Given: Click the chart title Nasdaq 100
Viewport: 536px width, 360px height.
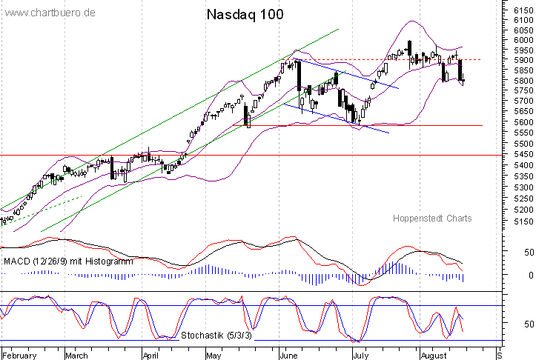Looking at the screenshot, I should pos(244,14).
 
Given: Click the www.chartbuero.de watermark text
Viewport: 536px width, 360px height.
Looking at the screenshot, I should pos(50,13).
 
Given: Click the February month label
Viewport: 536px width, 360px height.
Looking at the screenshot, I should pos(20,355).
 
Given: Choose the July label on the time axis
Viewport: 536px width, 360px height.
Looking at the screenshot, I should pos(360,355).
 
